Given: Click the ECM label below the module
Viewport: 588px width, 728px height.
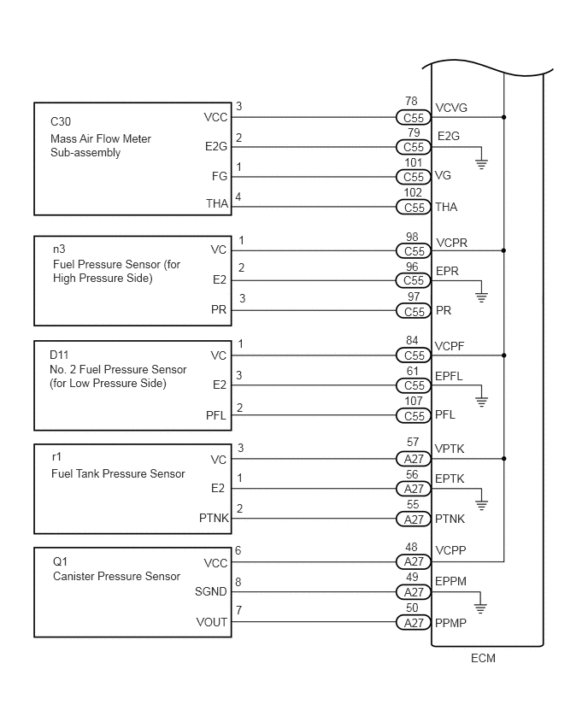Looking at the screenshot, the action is coord(483,658).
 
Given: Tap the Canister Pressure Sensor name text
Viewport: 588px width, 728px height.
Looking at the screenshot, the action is coord(116,576).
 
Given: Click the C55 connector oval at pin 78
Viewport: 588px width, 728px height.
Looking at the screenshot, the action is coord(414,117).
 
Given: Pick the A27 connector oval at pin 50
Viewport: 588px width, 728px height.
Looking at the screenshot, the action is coord(414,623).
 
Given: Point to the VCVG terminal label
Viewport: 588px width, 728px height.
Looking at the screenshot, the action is coord(451,108).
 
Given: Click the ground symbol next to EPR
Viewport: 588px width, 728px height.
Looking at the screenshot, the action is coord(482,297).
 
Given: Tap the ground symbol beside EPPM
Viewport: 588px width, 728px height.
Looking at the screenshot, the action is coord(480,608).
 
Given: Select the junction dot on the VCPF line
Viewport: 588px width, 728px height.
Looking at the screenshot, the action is coord(504,355).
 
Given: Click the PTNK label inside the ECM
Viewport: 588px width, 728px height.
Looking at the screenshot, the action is coord(450,519).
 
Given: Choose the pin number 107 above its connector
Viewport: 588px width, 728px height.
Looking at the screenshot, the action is coord(414,401).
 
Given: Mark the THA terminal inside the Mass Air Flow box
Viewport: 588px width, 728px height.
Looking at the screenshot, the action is coord(217,203).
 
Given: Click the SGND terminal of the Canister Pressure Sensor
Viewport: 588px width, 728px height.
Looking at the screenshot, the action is coord(211,591).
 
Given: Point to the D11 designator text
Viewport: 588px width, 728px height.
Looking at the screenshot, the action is coord(59,355).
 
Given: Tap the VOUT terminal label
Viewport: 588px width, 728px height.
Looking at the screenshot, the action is coord(212,622).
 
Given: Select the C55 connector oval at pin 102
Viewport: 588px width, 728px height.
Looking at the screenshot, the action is coord(414,207).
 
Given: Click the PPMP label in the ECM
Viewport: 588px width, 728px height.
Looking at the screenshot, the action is coord(450,623).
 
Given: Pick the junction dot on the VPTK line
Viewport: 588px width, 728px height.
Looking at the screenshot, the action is coord(504,458).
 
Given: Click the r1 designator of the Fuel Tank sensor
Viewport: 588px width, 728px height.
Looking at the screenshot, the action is coord(56,457).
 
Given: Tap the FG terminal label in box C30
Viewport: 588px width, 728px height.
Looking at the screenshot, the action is coord(220,176).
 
